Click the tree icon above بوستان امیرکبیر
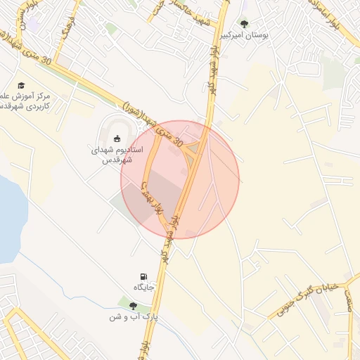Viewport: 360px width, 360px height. point(244,23)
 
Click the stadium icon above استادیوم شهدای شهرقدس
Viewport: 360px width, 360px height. point(117,138)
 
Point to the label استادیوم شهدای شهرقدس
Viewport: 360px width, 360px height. point(118,155)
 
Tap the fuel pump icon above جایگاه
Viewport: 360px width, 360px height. point(144,276)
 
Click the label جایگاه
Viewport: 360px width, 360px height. point(143,288)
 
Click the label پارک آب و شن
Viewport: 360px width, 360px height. point(131,317)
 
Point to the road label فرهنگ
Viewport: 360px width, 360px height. point(67,28)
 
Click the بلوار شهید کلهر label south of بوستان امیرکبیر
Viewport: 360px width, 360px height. point(210,78)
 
